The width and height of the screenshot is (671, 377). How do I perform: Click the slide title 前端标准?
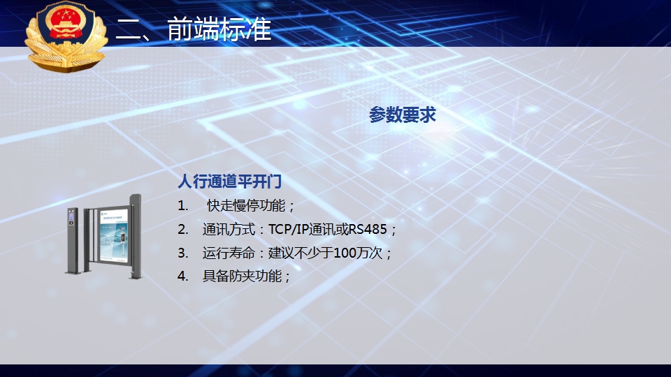click(x=219, y=29)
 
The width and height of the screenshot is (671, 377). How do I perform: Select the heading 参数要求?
click(x=403, y=115)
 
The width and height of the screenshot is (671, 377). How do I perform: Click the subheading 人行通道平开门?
click(x=229, y=182)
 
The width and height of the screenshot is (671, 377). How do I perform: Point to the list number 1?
click(x=182, y=205)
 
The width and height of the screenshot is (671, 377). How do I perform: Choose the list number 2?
click(x=182, y=230)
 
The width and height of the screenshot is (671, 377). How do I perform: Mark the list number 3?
click(x=182, y=253)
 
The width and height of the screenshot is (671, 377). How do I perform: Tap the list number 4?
click(x=182, y=276)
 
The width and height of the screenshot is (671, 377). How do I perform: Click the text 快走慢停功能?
click(x=246, y=205)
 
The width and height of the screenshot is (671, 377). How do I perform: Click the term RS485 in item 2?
click(x=368, y=230)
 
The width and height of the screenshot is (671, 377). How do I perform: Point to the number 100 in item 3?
click(x=345, y=253)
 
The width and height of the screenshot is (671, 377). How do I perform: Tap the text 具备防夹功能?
click(x=242, y=276)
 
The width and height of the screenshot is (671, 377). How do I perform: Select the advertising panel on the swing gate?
click(x=113, y=235)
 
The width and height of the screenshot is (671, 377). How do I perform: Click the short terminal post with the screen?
click(x=72, y=241)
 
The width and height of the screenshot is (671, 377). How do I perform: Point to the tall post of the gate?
click(x=136, y=237)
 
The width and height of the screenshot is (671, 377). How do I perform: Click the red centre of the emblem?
click(x=65, y=24)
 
